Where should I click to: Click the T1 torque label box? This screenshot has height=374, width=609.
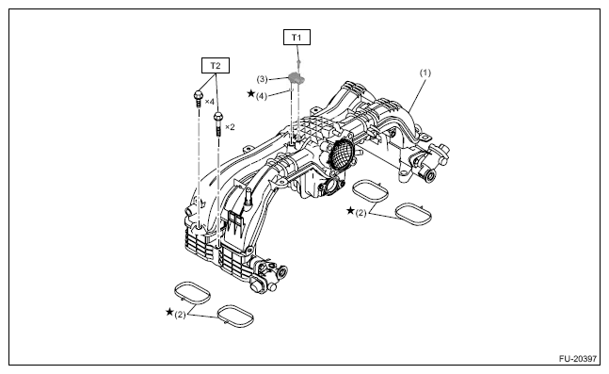pyautogui.click(x=296, y=38)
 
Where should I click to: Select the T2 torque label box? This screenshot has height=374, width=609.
pyautogui.click(x=216, y=65)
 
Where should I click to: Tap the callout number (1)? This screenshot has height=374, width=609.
pyautogui.click(x=425, y=73)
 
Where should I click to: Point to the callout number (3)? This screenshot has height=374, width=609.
pyautogui.click(x=263, y=79)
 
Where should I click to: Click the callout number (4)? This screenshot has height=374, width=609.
pyautogui.click(x=262, y=96)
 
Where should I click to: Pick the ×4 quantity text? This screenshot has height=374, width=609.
pyautogui.click(x=209, y=102)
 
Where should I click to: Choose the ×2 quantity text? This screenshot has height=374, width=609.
pyautogui.click(x=230, y=127)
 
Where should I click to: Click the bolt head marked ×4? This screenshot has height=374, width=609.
pyautogui.click(x=198, y=94)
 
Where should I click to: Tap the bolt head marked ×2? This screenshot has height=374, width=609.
pyautogui.click(x=217, y=116)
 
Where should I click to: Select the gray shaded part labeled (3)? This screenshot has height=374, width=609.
pyautogui.click(x=296, y=78)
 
